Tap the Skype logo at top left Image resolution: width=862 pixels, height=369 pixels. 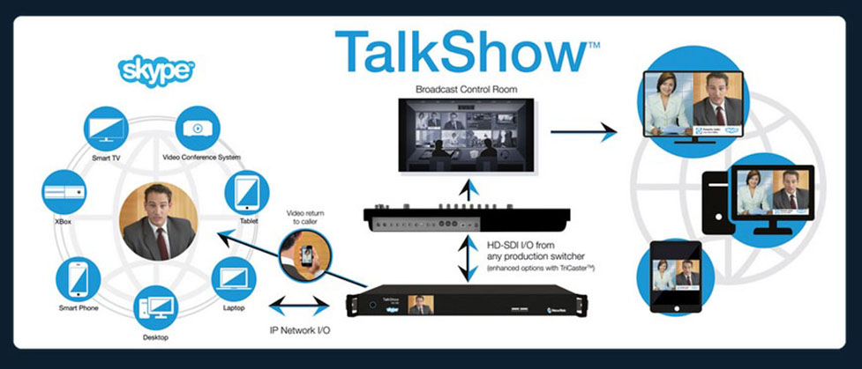(156, 70)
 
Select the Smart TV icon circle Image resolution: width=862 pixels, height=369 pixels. (107, 128)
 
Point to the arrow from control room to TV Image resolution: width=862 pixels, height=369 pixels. (583, 133)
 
